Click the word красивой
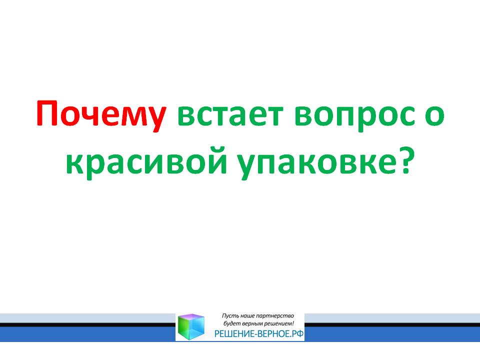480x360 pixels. [x=146, y=162]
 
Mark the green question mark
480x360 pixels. [x=402, y=159]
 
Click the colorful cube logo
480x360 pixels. [x=191, y=326]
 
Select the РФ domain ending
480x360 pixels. [x=297, y=333]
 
